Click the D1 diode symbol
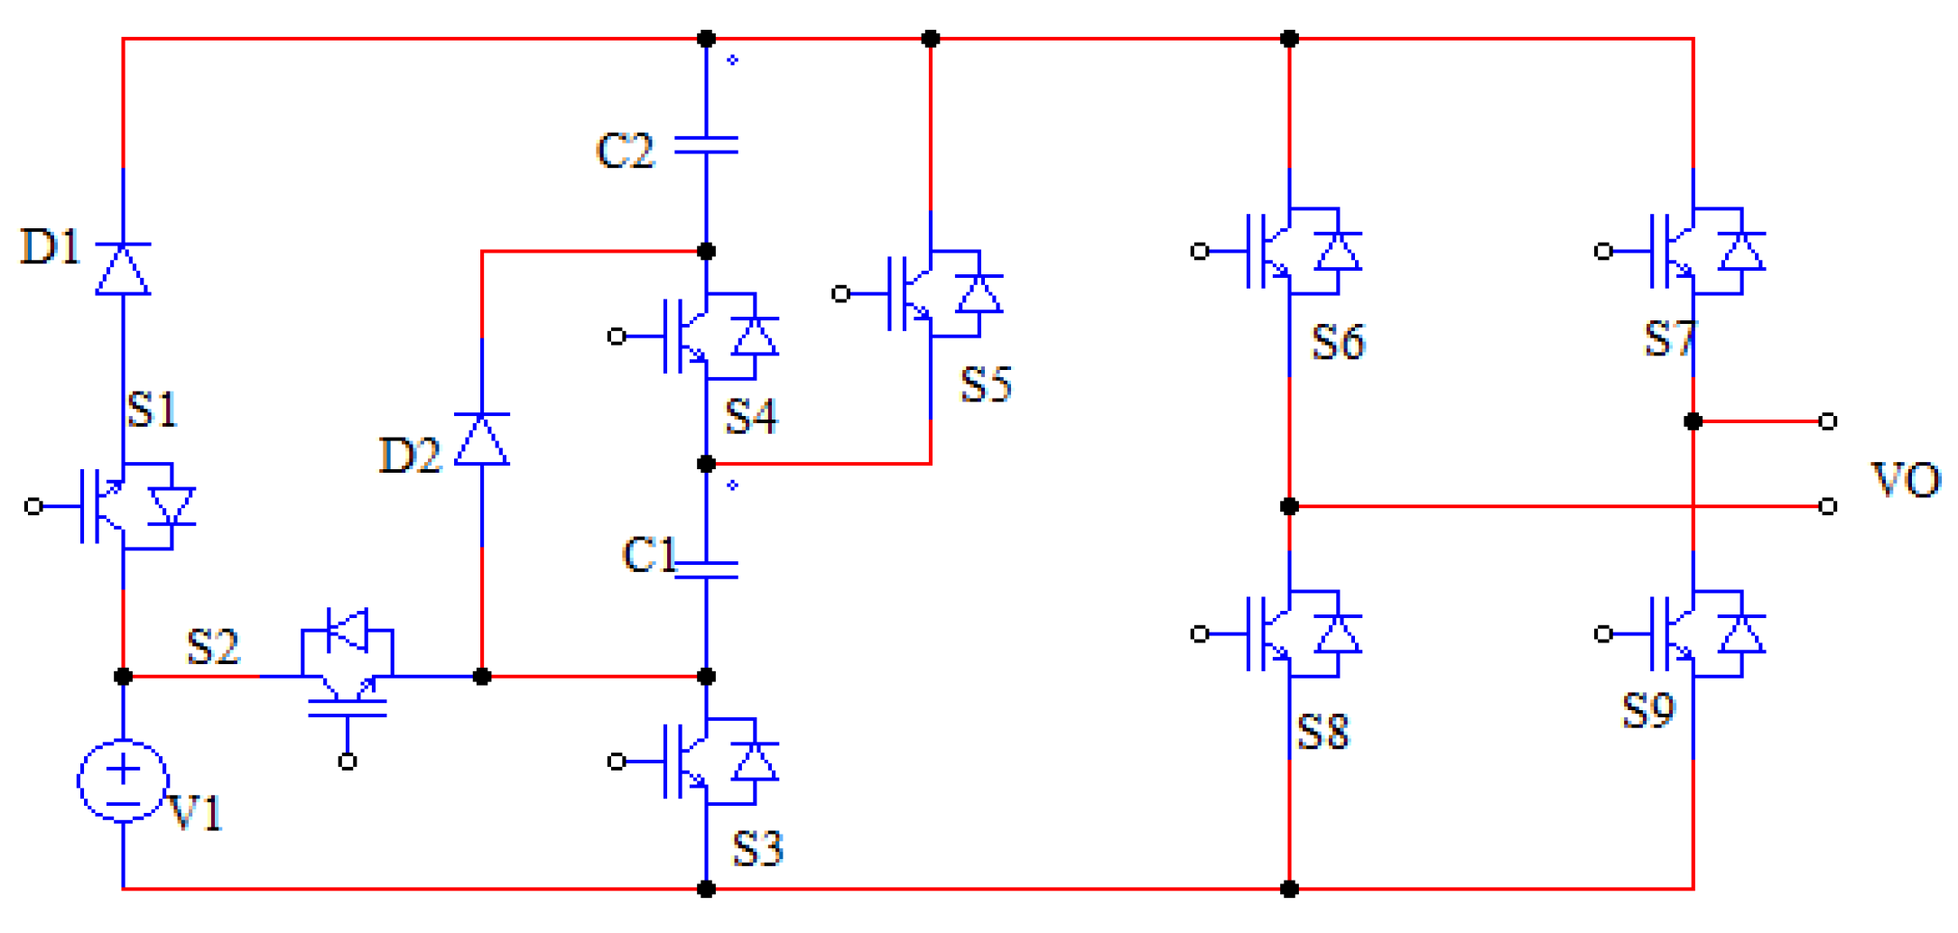pos(123,269)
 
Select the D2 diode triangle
pos(481,439)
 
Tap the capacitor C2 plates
pos(706,145)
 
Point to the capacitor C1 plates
pos(706,569)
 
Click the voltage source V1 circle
pos(123,781)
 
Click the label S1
pos(152,410)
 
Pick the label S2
pos(213,647)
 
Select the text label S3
pos(756,848)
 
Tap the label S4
pos(751,417)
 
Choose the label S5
pos(986,385)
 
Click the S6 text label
pos(1338,343)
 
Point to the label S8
pos(1322,732)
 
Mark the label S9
pos(1648,711)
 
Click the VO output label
pos(1906,480)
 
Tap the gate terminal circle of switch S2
pos(348,762)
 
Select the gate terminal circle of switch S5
pos(840,293)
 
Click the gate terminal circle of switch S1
pos(33,506)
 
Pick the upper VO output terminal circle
pos(1828,421)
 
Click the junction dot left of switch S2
pos(124,676)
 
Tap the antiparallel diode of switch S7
pos(1741,252)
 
